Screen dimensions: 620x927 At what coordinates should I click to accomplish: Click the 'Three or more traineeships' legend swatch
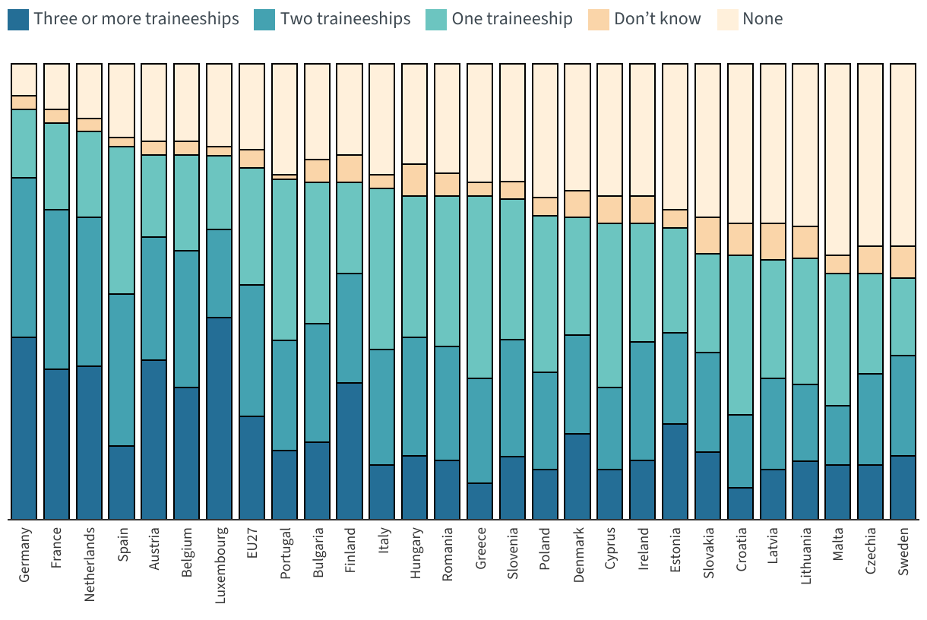click(x=19, y=19)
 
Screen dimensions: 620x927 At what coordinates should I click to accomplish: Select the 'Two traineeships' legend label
click(x=345, y=19)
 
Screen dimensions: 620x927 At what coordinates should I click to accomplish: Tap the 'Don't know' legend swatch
click(x=599, y=19)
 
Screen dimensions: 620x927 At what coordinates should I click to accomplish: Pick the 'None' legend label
click(x=762, y=19)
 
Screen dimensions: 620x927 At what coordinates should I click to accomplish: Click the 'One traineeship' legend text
click(x=512, y=19)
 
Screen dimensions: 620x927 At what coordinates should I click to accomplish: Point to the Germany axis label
click(x=24, y=555)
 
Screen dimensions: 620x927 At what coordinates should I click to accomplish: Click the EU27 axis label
click(x=252, y=544)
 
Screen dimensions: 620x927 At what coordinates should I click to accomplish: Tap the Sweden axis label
click(x=903, y=550)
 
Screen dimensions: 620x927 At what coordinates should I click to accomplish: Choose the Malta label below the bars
click(x=838, y=544)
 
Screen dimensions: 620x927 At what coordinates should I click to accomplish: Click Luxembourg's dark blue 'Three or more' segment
click(x=220, y=418)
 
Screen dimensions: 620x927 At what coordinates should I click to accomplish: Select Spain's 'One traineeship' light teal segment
click(x=122, y=220)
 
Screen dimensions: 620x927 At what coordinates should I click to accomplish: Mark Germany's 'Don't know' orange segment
click(x=24, y=103)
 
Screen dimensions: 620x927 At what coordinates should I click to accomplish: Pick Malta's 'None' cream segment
click(x=838, y=160)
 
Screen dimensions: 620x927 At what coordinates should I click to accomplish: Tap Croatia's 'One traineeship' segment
click(x=740, y=335)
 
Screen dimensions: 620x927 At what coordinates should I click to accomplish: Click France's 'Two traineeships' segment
click(x=57, y=289)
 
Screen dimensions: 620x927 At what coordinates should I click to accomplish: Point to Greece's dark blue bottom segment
click(x=480, y=501)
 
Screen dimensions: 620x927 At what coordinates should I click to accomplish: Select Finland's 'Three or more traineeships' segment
click(x=350, y=451)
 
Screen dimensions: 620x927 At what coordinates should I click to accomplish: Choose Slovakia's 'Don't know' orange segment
click(x=707, y=236)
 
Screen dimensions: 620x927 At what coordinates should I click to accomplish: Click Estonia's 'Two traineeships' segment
click(x=675, y=378)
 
